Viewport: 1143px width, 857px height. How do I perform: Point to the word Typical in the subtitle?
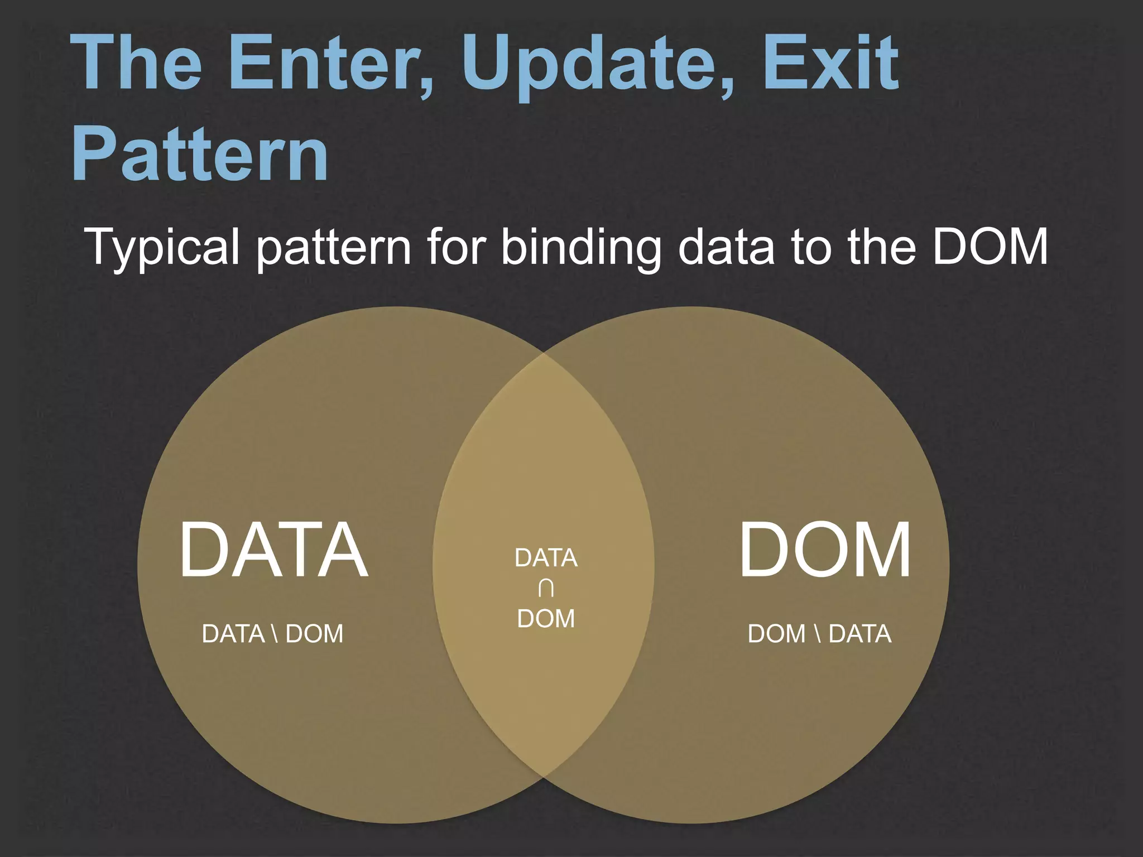[162, 247]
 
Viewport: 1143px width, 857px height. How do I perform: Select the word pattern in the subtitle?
[334, 248]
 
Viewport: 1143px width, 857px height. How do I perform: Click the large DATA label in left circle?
[273, 550]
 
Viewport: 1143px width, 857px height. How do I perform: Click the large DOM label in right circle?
[825, 550]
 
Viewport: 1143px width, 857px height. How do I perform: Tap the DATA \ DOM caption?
[272, 634]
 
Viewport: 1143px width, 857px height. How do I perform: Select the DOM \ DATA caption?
[819, 634]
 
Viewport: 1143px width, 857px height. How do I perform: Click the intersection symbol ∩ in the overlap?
[546, 588]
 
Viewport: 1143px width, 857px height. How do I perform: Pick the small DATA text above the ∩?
[546, 558]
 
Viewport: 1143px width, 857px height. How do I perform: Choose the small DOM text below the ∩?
[546, 619]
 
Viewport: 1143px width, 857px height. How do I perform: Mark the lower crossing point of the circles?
[544, 777]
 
